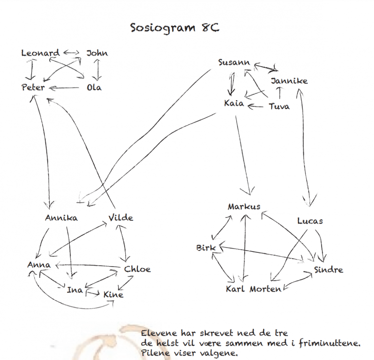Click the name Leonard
point(40,53)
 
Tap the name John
point(97,53)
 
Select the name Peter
point(33,87)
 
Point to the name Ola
point(94,88)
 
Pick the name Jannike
point(289,81)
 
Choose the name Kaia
point(234,103)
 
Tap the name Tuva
point(280,106)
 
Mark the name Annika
point(61,218)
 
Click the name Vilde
point(121,217)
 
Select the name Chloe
point(137,269)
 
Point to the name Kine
point(113,294)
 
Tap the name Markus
point(244,206)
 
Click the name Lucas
point(310,221)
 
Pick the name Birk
point(206,248)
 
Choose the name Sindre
point(329,270)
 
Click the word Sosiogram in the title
point(163,28)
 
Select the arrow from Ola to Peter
point(64,88)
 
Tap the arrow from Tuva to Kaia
point(256,106)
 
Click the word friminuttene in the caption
point(329,343)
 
